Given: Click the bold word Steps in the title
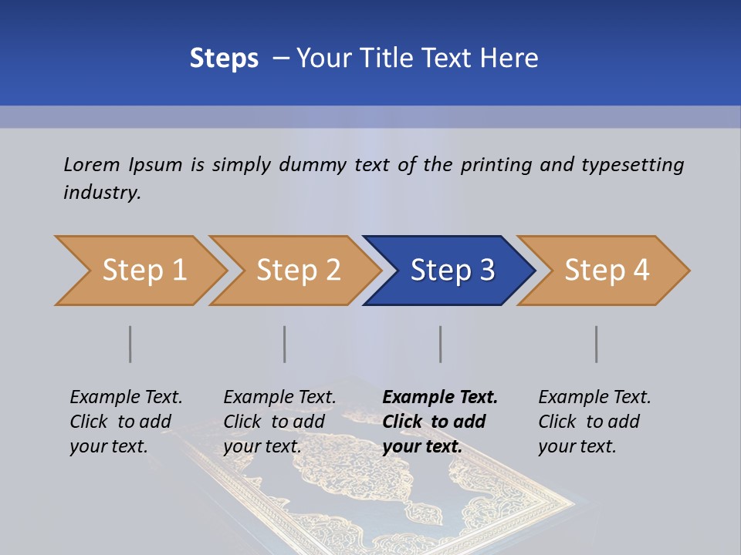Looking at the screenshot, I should tap(224, 59).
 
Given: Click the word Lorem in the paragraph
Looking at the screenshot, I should tap(92, 164).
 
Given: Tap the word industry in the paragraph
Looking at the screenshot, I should tap(101, 192).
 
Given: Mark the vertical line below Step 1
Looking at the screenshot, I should tap(130, 344).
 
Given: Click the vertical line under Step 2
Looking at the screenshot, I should tap(285, 344).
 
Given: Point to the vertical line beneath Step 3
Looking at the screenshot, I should tap(441, 344).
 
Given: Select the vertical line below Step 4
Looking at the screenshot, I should tap(597, 344).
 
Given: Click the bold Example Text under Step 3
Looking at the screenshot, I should tap(440, 398).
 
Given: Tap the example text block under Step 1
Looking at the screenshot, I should tap(126, 422).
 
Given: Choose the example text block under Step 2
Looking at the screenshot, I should tap(279, 422).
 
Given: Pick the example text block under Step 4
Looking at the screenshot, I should tap(594, 422).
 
